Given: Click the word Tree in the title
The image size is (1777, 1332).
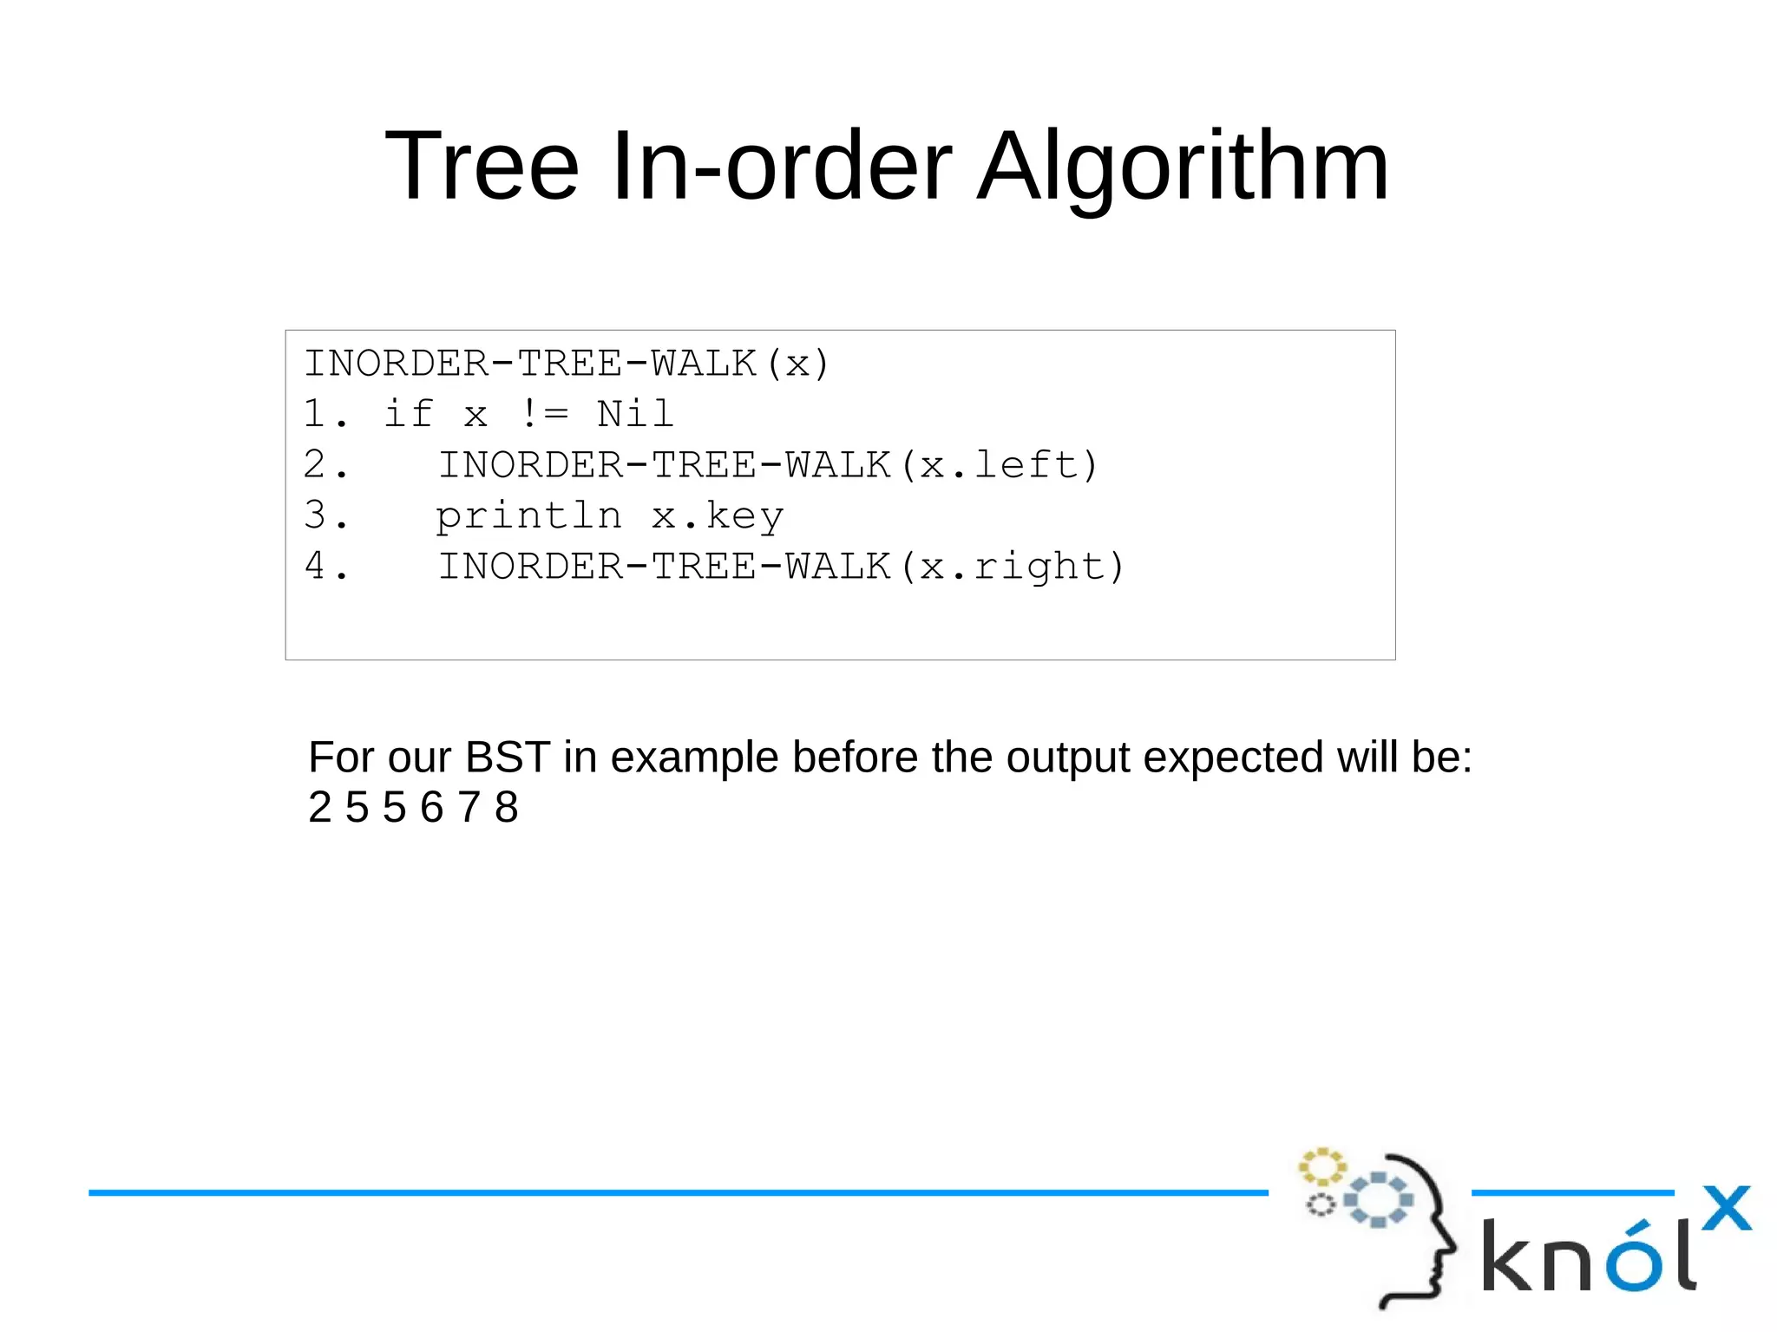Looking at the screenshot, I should (x=482, y=167).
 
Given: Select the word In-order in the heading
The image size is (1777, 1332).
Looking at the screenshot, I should (x=782, y=167).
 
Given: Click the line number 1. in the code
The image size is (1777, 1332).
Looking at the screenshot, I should (x=325, y=414).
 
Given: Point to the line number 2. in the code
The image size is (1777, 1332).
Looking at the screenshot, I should (x=325, y=465).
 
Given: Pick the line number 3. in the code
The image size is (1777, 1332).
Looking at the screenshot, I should (x=325, y=515).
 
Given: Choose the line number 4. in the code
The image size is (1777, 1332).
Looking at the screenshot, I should (x=325, y=567).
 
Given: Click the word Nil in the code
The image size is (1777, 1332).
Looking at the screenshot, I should (x=635, y=414).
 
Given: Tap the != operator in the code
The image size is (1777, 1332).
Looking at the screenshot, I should (x=544, y=414).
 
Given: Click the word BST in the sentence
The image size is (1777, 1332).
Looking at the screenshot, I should (x=508, y=757).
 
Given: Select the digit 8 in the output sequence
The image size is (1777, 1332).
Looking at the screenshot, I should (x=507, y=808).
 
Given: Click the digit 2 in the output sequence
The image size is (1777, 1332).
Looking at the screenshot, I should (x=320, y=808).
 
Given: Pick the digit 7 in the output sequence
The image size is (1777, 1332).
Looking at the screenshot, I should (x=469, y=808).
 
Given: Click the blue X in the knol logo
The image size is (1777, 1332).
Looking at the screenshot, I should (x=1726, y=1208).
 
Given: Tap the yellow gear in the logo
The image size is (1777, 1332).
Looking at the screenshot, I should (x=1321, y=1167).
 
